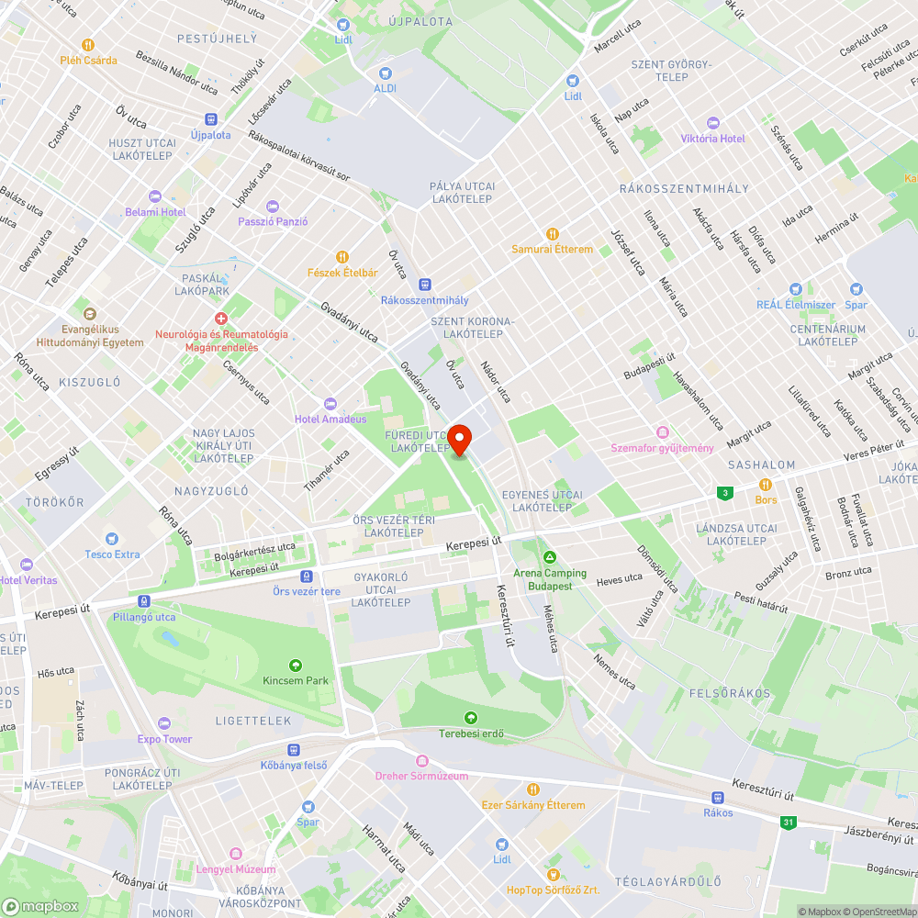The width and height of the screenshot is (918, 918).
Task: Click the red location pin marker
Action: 460,439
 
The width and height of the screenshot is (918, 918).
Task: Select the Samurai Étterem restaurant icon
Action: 553,234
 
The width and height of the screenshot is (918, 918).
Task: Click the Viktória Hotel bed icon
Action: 712,123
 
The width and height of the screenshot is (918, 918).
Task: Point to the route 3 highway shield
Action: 726,493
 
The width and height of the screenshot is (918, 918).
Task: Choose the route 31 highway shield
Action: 789,823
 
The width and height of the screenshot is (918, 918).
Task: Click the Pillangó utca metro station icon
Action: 144,601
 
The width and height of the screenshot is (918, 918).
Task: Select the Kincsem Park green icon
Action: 295,666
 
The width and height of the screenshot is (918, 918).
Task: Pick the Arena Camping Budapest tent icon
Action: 550,557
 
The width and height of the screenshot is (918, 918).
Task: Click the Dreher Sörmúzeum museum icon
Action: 421,761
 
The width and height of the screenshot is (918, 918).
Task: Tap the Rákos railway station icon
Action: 718,798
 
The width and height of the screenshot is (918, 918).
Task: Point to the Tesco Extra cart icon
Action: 112,539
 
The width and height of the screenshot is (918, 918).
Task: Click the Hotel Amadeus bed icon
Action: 330,404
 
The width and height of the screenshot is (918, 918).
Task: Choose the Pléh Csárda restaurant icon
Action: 88,44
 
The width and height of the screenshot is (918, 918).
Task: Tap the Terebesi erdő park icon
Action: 471,717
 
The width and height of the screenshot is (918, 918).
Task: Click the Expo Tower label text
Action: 164,739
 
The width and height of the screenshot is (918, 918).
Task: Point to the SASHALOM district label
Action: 761,465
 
